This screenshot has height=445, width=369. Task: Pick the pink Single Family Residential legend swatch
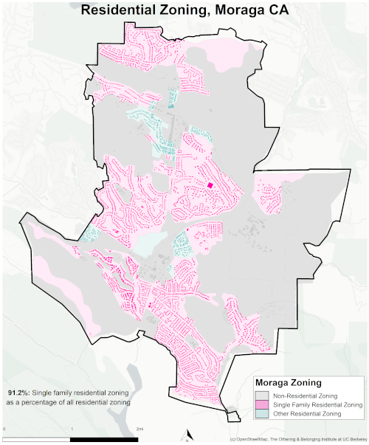coord(262,404)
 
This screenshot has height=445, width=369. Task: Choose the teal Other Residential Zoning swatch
coord(262,415)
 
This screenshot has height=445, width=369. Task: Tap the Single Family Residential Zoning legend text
coord(317,404)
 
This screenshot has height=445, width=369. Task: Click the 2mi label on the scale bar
coord(140,428)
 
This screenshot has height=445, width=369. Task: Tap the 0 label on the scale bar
coord(5,428)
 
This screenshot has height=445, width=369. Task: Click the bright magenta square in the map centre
coord(210,185)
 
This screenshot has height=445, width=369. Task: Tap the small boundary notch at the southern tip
coord(234,415)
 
